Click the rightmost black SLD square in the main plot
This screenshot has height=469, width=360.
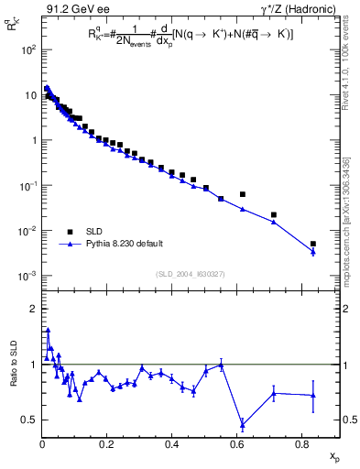[x=313, y=244]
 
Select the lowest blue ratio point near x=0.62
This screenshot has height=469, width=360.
[x=243, y=424]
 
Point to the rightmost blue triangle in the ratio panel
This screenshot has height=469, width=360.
[x=313, y=395]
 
